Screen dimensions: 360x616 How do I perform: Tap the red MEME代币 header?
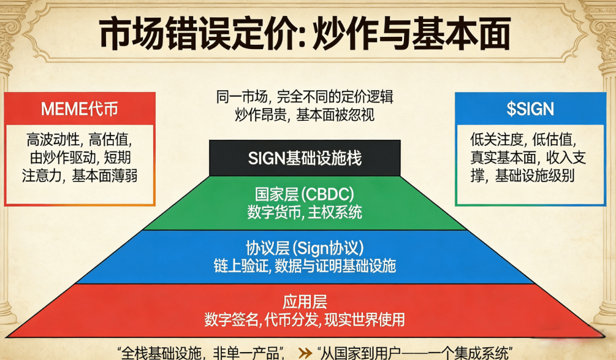click(80, 109)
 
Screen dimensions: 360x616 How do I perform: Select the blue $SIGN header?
click(530, 109)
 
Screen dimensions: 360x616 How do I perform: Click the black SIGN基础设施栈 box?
click(305, 158)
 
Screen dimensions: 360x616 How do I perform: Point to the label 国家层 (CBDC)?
click(305, 196)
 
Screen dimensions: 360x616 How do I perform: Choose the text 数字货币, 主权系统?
click(305, 212)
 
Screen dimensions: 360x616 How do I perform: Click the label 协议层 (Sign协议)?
click(305, 248)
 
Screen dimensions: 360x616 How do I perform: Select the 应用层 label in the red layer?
click(305, 302)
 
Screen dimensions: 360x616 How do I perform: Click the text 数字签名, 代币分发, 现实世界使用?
click(305, 320)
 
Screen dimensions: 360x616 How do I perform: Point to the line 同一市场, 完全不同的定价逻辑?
click(305, 98)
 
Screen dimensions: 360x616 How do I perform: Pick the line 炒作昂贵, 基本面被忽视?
click(305, 114)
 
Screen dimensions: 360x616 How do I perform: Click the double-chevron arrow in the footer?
click(305, 353)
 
